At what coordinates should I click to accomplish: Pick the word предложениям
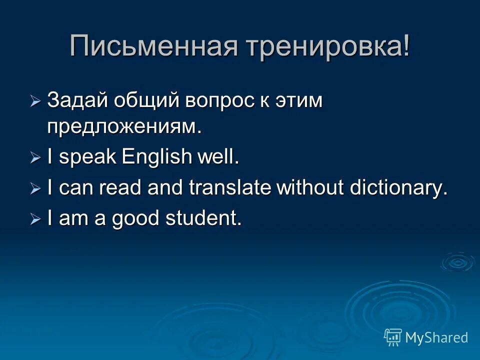[x=124, y=127]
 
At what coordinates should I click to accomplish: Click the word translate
[x=230, y=188]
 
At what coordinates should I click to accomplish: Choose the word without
[x=310, y=188]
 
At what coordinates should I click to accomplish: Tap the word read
[x=119, y=188]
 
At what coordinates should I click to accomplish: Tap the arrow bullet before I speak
[x=35, y=158]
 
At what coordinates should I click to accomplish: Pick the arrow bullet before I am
[x=35, y=219]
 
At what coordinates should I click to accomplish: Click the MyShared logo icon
[x=393, y=337]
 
